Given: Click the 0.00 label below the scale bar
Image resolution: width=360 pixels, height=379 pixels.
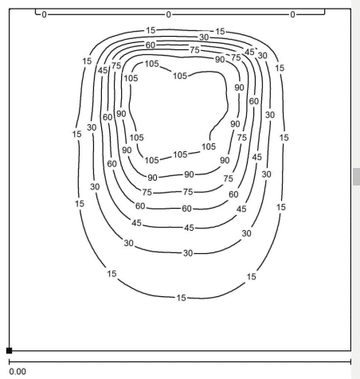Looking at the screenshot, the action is [18, 372].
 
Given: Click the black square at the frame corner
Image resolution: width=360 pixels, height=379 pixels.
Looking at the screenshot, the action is [9, 350].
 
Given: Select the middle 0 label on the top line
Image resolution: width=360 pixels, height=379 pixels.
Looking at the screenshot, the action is [168, 14].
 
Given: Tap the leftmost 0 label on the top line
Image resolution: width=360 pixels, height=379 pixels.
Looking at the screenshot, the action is [44, 14].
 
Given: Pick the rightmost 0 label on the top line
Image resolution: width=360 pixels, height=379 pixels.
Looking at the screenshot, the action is [292, 14].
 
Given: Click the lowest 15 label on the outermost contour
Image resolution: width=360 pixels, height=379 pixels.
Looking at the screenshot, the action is [182, 298].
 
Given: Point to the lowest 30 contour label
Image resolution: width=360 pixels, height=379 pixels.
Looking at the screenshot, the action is [188, 253].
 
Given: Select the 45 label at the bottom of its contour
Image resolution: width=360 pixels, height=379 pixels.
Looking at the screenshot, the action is [189, 228].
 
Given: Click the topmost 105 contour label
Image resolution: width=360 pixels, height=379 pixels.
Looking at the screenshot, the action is [151, 64].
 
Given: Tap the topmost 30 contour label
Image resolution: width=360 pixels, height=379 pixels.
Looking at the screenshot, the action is [204, 37].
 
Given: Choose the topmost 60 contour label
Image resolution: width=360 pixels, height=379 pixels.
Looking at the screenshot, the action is [151, 45].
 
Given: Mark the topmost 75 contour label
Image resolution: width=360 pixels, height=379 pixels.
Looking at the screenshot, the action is [194, 50].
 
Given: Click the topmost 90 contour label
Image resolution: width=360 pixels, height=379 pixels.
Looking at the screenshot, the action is [220, 60].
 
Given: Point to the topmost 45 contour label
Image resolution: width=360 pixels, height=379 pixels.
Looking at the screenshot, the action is [249, 52].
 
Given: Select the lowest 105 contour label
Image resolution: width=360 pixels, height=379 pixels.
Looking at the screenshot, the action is [151, 160].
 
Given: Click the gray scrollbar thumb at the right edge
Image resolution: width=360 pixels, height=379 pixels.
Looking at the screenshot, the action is [356, 177].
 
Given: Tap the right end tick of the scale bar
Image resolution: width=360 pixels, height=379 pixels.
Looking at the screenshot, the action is [351, 361].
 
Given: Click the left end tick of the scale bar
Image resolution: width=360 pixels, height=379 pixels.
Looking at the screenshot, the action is [10, 361].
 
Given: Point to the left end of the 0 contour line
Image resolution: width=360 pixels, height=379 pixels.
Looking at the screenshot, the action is [36, 10].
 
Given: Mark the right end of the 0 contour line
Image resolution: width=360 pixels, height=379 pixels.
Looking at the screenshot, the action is [324, 10].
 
